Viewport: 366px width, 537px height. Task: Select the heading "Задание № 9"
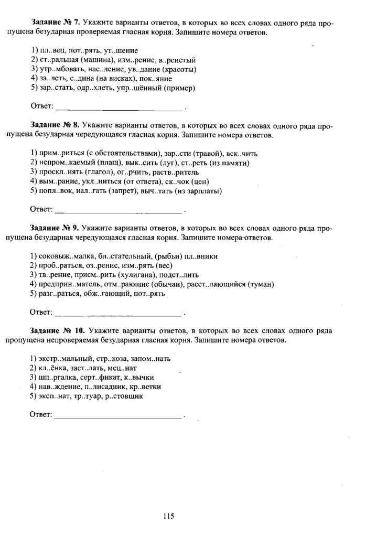[x=55, y=229]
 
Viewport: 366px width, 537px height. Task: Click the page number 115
[x=169, y=516]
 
